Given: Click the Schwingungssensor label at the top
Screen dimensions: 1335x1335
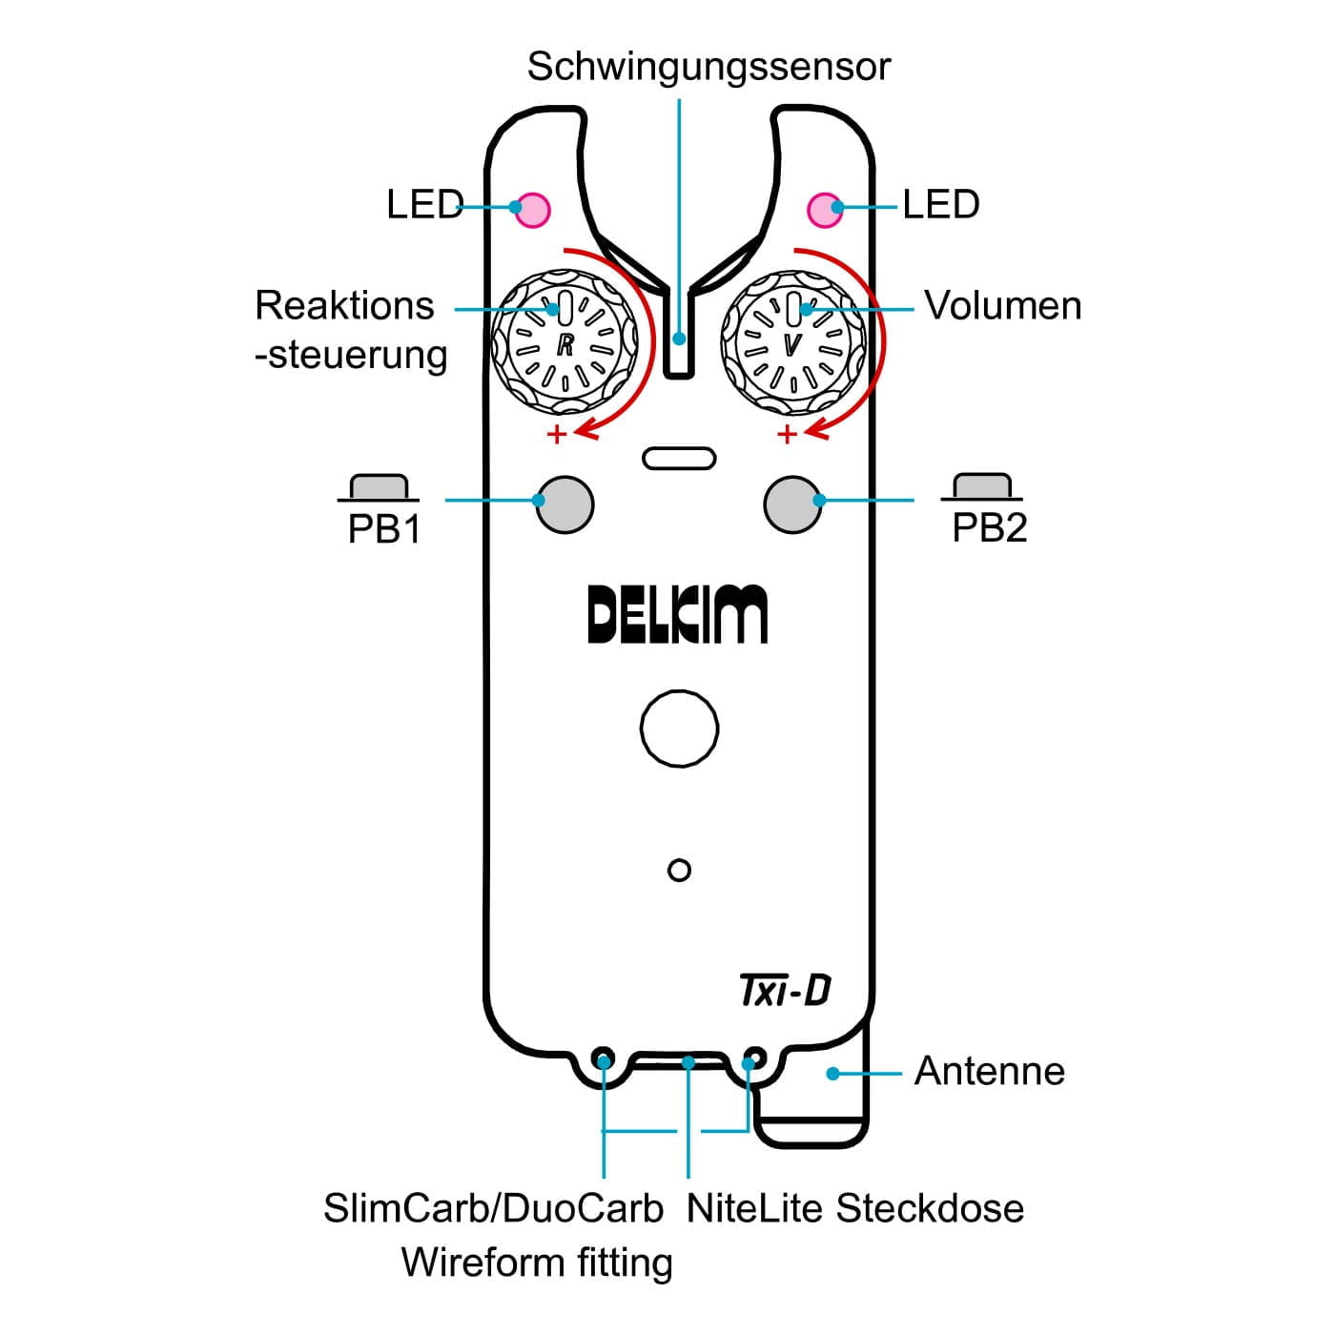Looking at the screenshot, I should [709, 67].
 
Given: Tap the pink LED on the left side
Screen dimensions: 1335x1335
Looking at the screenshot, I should [532, 209].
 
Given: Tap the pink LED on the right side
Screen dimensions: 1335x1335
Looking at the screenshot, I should [825, 209].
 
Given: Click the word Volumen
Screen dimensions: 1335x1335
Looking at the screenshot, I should [1003, 306].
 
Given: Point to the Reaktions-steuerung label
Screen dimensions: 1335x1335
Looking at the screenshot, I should [350, 330].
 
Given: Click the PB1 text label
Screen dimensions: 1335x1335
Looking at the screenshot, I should [384, 529].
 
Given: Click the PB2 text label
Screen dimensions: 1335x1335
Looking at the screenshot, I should [989, 527].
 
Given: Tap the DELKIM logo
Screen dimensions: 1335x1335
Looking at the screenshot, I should [677, 615].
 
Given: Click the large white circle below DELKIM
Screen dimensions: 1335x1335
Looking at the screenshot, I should [679, 729].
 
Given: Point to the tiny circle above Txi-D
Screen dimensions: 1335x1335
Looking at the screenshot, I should [679, 870].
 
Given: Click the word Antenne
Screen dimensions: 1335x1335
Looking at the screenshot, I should [989, 1072].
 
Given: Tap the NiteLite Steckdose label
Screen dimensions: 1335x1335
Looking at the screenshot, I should [854, 1209].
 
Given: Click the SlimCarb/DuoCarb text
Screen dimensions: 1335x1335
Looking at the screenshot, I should [493, 1209].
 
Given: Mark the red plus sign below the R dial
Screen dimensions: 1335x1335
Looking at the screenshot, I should [557, 435].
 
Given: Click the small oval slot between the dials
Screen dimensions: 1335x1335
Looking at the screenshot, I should [679, 458].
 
